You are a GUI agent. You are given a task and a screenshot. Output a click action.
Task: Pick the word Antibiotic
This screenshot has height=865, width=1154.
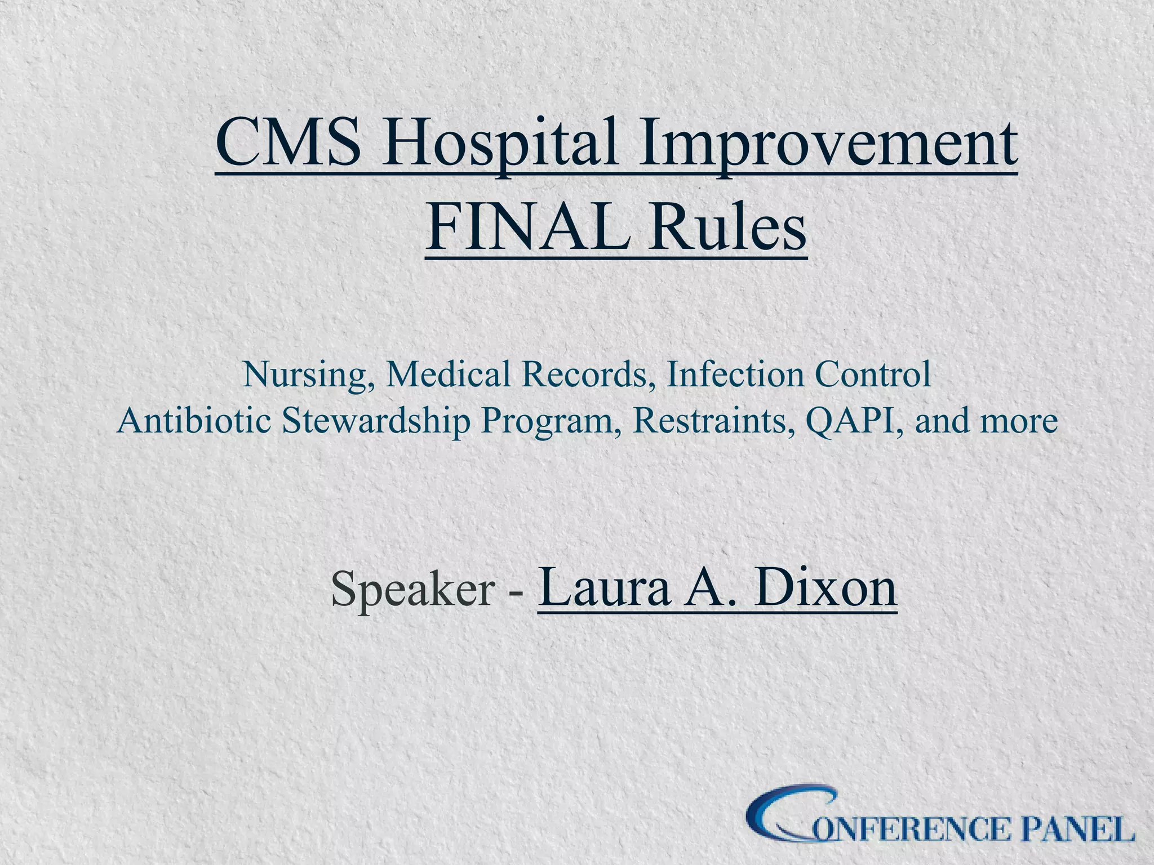[194, 421]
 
